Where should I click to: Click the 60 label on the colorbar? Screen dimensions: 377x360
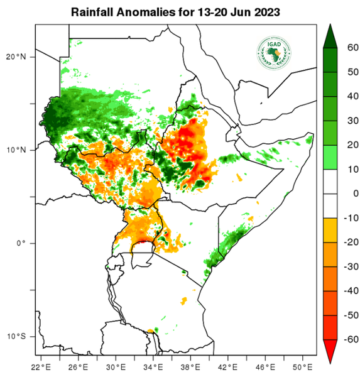coord(352,47)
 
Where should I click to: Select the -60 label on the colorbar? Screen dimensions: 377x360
coord(351,339)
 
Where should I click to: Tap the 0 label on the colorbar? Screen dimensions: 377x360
coord(354,194)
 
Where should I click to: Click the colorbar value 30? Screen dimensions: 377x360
coord(352,120)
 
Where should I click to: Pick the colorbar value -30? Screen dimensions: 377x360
coord(351,266)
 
